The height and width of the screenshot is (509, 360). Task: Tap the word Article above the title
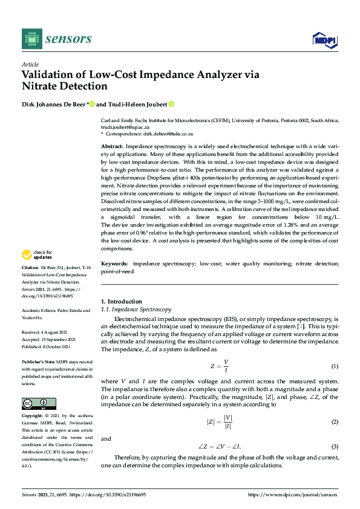click(x=30, y=64)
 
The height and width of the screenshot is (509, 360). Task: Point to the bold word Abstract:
click(x=112, y=147)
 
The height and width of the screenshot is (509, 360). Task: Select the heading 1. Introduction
click(x=121, y=302)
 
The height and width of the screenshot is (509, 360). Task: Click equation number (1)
click(x=335, y=367)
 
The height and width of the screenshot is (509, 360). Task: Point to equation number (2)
click(x=335, y=421)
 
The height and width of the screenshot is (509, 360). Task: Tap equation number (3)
click(x=335, y=447)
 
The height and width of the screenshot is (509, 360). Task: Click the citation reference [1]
click(x=299, y=326)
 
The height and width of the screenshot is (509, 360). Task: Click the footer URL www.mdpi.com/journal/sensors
click(x=300, y=494)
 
